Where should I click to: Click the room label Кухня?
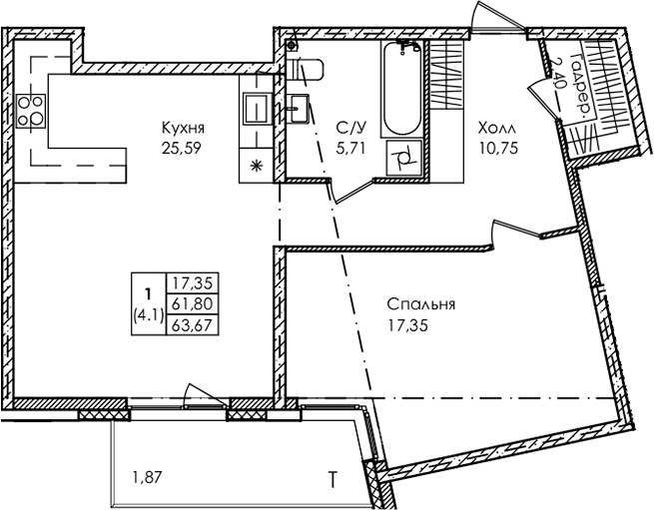(x=183, y=128)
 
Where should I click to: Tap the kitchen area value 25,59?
(x=182, y=148)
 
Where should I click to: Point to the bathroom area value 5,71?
(x=350, y=148)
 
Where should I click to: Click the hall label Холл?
(x=496, y=128)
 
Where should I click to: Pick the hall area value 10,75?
(x=499, y=148)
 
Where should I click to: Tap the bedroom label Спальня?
(x=420, y=304)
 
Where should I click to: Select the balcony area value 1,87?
(x=147, y=477)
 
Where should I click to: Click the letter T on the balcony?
(x=332, y=479)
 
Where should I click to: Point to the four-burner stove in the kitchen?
(x=30, y=111)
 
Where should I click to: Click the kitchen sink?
(x=256, y=109)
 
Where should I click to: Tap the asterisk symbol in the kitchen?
(x=256, y=166)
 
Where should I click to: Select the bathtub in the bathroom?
(x=401, y=89)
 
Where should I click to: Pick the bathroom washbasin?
(x=299, y=108)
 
